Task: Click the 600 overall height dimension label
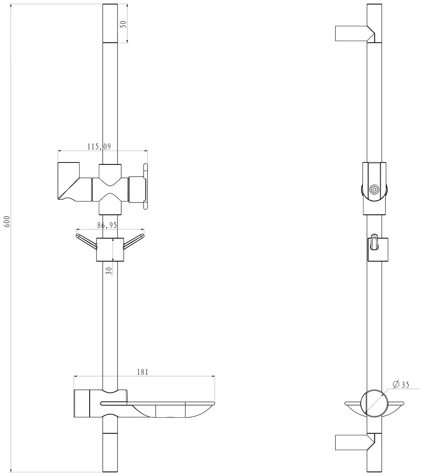point(8,221)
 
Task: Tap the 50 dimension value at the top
point(123,24)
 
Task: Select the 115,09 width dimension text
point(99,147)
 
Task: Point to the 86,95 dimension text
point(107,225)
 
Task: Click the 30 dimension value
point(109,271)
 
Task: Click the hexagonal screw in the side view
point(374,189)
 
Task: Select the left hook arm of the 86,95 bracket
point(86,241)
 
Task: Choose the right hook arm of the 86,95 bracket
point(134,241)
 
